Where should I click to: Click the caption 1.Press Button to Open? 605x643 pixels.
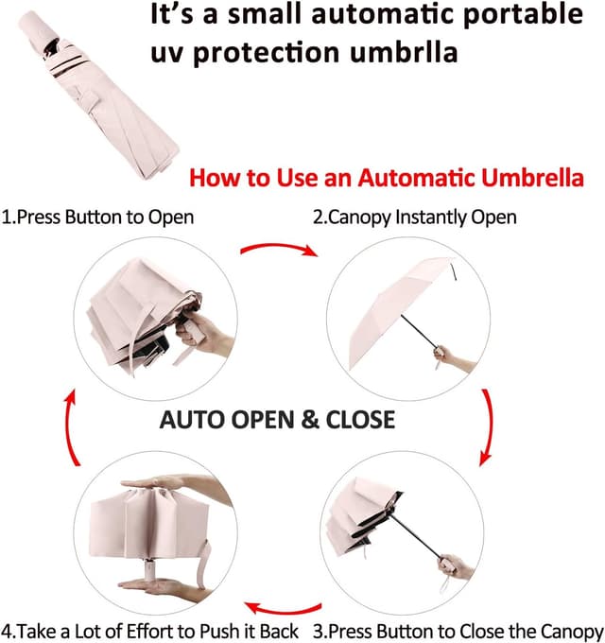tap(97, 217)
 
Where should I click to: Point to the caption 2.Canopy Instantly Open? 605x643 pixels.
tap(415, 217)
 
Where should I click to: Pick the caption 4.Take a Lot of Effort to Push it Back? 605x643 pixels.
tap(150, 630)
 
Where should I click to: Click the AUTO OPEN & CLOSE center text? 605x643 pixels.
tap(278, 418)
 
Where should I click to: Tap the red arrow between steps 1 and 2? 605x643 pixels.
tap(277, 249)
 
